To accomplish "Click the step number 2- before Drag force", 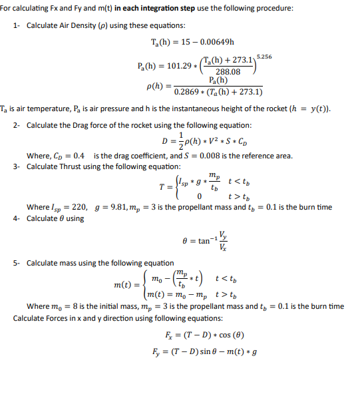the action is click(17, 125).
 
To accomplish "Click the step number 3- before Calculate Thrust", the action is click(17, 166).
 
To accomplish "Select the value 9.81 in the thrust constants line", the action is click(119, 207).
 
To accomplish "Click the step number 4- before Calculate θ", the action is click(17, 218).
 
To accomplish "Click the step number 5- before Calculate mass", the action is click(17, 263).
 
